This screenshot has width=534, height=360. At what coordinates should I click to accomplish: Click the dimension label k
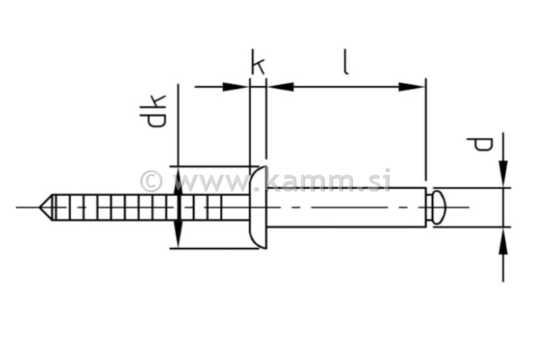[x=257, y=64]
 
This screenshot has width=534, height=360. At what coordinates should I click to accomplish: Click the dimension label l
[x=346, y=62]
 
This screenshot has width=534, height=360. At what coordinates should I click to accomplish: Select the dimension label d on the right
[x=480, y=144]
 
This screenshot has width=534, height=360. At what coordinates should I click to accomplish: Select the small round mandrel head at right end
[x=437, y=207]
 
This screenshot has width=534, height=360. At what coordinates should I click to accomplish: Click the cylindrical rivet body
[x=345, y=207]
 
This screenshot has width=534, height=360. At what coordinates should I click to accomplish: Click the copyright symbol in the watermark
[x=152, y=182]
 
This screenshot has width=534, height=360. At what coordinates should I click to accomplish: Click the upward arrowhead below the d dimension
[x=503, y=239]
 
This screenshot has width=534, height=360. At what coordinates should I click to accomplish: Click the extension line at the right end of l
[x=424, y=130]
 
